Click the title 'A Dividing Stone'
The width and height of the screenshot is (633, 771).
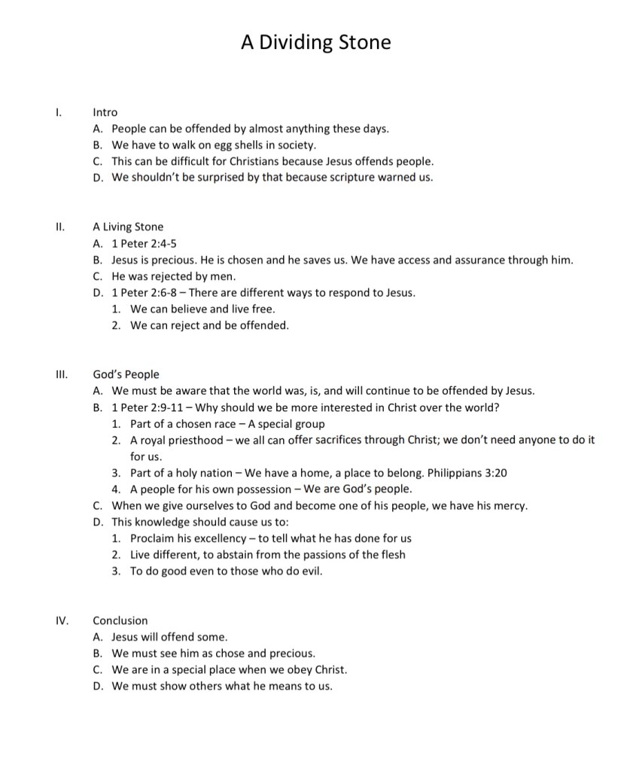tap(316, 42)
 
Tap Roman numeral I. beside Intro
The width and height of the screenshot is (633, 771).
tap(59, 112)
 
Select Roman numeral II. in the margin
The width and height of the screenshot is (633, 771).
tap(60, 227)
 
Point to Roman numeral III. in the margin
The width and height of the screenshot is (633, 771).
tap(62, 374)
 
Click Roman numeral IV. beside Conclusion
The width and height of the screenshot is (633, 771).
tap(62, 620)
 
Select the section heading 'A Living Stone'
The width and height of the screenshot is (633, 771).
tap(128, 227)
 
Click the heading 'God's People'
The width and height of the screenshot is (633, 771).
tap(126, 374)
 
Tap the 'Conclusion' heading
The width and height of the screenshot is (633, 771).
tap(120, 620)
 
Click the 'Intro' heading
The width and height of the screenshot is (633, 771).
tap(105, 112)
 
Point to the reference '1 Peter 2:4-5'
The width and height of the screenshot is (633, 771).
tap(144, 243)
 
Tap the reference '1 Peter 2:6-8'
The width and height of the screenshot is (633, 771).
tap(143, 292)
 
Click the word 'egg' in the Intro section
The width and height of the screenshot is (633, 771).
tap(224, 145)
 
